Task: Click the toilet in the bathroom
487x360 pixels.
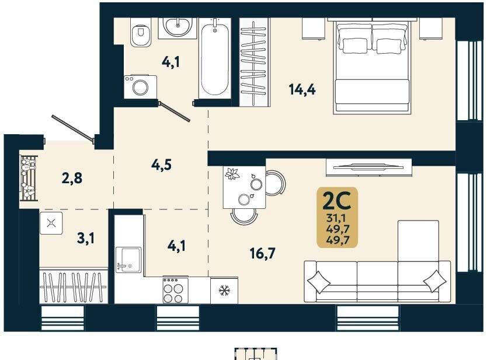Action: click(x=141, y=32)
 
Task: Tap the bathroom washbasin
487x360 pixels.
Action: click(x=178, y=28)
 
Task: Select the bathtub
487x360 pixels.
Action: click(x=215, y=58)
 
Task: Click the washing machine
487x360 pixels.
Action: click(x=140, y=87)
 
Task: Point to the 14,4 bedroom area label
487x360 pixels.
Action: click(x=302, y=90)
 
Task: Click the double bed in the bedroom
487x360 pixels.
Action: click(x=372, y=66)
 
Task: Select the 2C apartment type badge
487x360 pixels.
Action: click(x=338, y=218)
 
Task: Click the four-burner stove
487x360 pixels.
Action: click(x=176, y=290)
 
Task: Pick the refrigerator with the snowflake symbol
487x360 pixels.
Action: click(x=224, y=291)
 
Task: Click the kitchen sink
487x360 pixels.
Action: click(x=128, y=260)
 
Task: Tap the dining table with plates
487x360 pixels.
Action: click(x=244, y=187)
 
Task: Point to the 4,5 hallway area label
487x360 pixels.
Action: click(x=161, y=165)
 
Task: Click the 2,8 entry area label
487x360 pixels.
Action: click(x=72, y=179)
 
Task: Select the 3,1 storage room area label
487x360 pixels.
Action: click(x=86, y=239)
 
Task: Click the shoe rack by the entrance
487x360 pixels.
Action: click(x=29, y=179)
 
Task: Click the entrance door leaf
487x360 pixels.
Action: click(x=72, y=128)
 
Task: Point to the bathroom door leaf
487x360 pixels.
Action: click(x=174, y=111)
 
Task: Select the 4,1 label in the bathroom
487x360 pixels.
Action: click(x=171, y=62)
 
